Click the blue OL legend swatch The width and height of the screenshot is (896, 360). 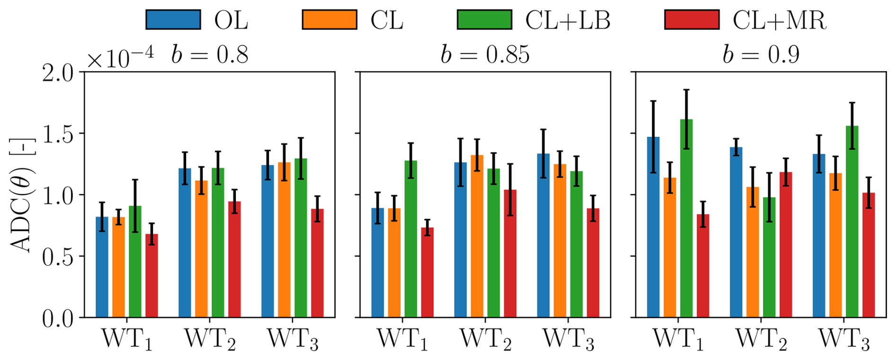(173, 20)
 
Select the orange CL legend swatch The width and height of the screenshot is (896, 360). (330, 20)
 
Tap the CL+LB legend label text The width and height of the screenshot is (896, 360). (567, 20)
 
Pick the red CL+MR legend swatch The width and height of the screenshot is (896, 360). (692, 20)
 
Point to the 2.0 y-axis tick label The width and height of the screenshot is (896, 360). (58, 73)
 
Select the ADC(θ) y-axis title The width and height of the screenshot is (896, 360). (22, 195)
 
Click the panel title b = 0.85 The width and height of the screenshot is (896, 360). (485, 54)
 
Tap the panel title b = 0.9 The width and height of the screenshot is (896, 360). (761, 54)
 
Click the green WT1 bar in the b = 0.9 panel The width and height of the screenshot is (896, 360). (686, 218)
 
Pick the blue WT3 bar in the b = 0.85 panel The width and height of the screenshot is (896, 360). (543, 235)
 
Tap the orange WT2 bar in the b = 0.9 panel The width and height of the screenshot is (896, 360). (753, 252)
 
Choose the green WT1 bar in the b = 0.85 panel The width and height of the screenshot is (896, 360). (411, 239)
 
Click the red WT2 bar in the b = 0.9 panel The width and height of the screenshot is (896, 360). (786, 244)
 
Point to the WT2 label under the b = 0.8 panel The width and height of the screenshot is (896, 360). (210, 339)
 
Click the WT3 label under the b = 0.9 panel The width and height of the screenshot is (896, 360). (844, 339)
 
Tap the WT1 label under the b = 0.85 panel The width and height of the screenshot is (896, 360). (403, 339)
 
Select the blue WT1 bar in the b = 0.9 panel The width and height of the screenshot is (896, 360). (653, 227)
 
